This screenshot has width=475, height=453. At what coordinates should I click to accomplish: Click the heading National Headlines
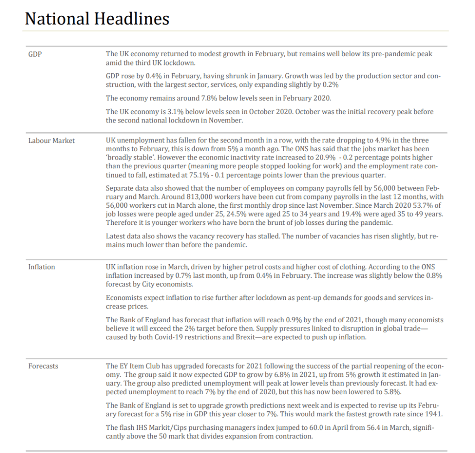click(97, 19)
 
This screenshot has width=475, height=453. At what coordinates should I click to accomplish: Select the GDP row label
click(35, 54)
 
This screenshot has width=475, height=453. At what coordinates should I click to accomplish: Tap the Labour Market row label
click(51, 140)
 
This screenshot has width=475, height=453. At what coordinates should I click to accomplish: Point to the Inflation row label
click(41, 267)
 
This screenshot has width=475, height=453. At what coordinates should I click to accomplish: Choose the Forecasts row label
click(43, 366)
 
